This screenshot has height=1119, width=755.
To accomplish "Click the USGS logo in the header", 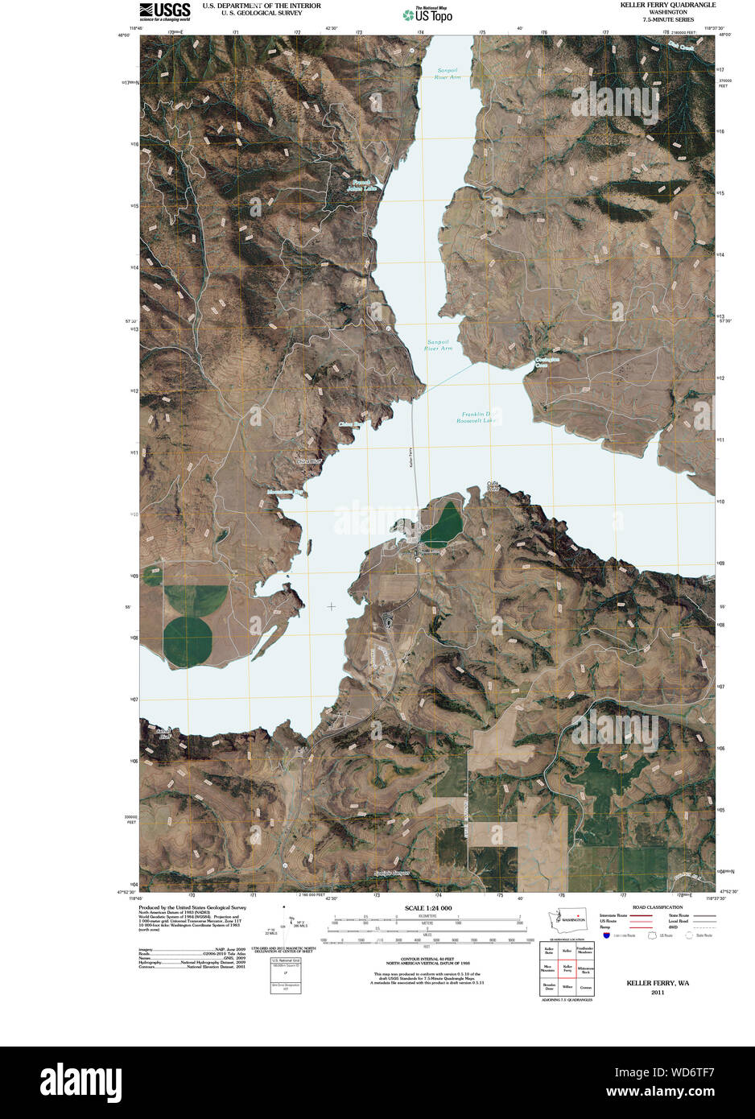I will [164, 10].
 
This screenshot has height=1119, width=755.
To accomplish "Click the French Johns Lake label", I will [361, 185].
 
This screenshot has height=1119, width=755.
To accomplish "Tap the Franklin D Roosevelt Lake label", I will [477, 417].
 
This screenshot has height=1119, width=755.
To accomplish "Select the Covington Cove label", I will [547, 362].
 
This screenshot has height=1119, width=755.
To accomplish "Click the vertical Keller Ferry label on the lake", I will [411, 457].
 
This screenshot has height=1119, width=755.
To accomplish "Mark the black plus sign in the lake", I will [331, 606].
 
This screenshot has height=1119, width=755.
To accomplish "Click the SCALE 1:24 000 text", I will [427, 908].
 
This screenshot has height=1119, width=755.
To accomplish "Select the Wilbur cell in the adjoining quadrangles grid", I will [567, 985].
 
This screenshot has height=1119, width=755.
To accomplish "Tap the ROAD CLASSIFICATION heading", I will [658, 906].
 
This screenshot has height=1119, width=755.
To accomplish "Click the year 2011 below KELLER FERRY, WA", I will [658, 993].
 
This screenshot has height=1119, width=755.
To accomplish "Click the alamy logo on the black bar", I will [80, 1082].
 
